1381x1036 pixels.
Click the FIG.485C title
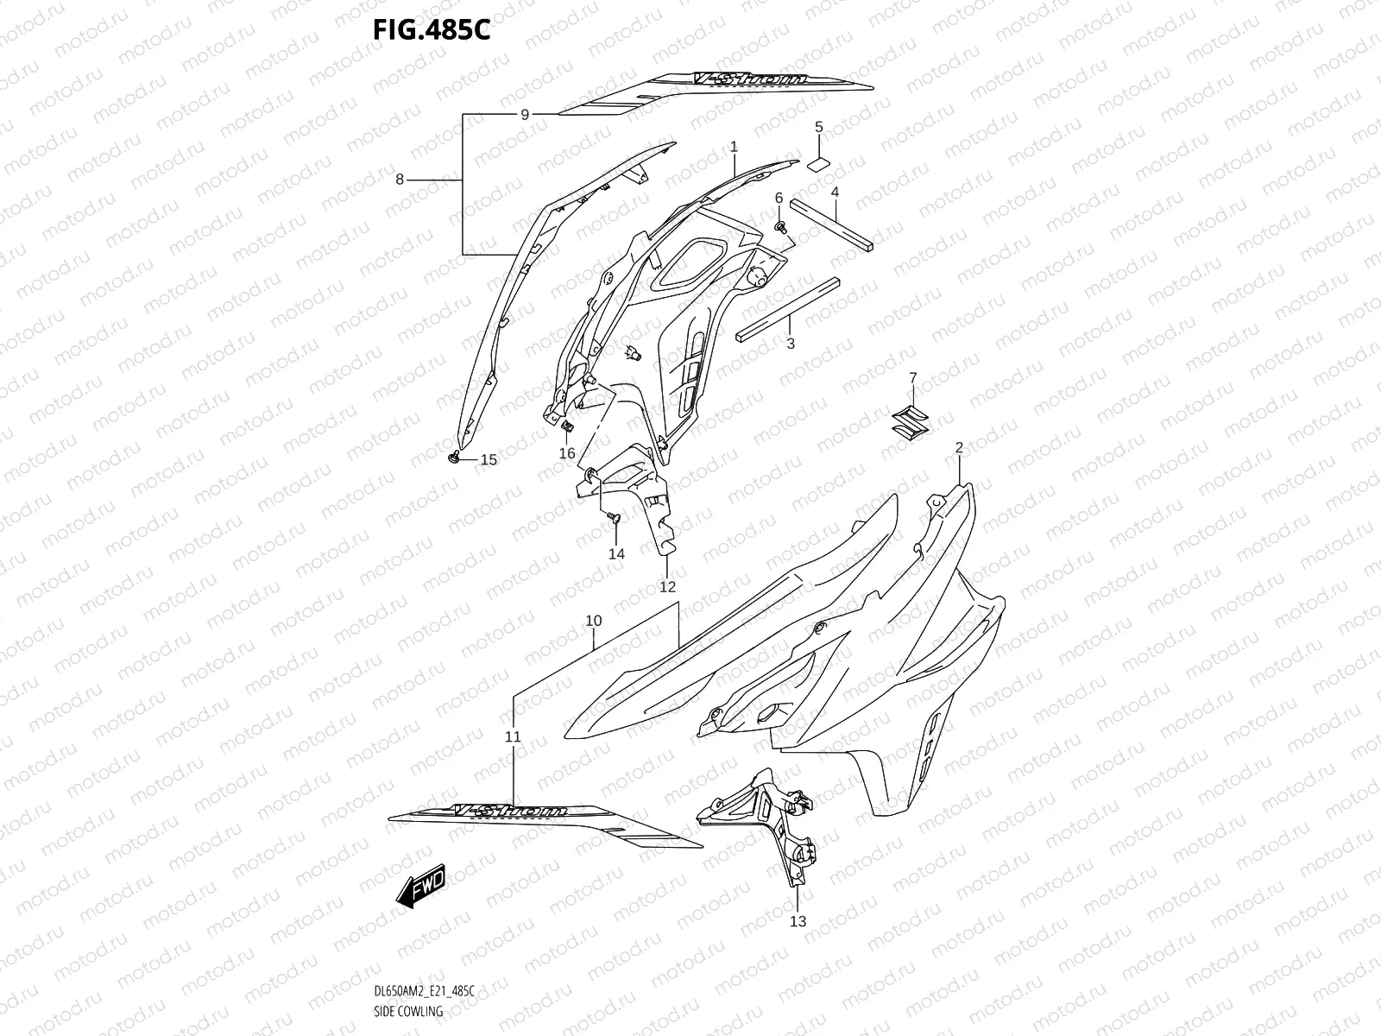(x=432, y=30)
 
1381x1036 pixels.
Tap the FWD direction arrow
(x=420, y=884)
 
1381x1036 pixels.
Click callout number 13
(x=798, y=921)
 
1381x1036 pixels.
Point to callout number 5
(x=819, y=128)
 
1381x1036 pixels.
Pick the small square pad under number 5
(x=819, y=164)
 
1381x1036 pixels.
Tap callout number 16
(x=566, y=453)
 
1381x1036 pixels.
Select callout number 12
(x=667, y=587)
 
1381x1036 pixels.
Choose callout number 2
(x=959, y=447)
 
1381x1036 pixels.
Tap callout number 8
(x=400, y=180)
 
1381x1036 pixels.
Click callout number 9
(x=524, y=114)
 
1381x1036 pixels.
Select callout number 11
(x=513, y=736)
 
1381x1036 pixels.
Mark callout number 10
(x=593, y=621)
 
